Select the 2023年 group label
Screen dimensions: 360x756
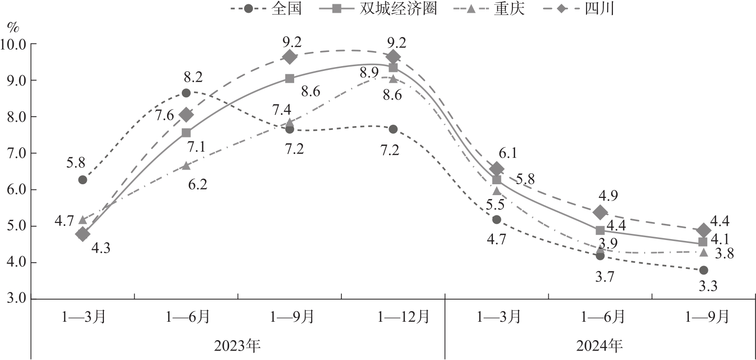tap(238, 346)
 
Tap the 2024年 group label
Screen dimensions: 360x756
tap(600, 346)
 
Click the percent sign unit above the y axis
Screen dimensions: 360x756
tap(13, 27)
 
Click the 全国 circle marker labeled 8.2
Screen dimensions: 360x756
tap(186, 93)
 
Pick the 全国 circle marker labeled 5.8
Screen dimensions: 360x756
tap(83, 180)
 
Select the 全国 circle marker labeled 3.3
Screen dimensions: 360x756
tap(704, 270)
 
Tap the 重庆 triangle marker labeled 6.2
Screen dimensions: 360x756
tap(186, 165)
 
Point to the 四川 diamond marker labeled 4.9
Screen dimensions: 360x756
tap(600, 213)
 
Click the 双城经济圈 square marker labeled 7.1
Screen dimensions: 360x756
tap(186, 133)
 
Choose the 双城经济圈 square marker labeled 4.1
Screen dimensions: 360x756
tap(703, 242)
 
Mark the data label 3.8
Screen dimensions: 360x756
tap(724, 254)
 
